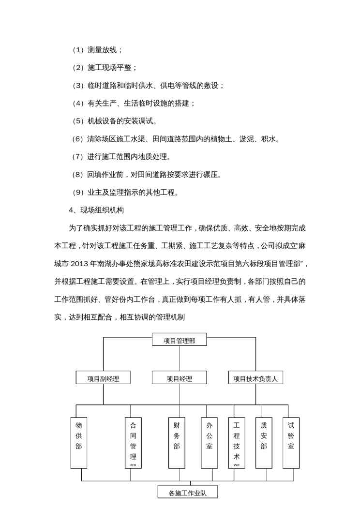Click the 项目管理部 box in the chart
(179, 341)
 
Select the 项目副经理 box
(103, 378)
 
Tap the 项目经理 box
(179, 378)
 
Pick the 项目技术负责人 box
(255, 378)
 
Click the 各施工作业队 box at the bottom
(187, 493)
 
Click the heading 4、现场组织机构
(97, 210)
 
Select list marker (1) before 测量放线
(78, 50)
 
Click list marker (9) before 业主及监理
(78, 192)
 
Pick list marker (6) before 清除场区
(78, 139)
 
